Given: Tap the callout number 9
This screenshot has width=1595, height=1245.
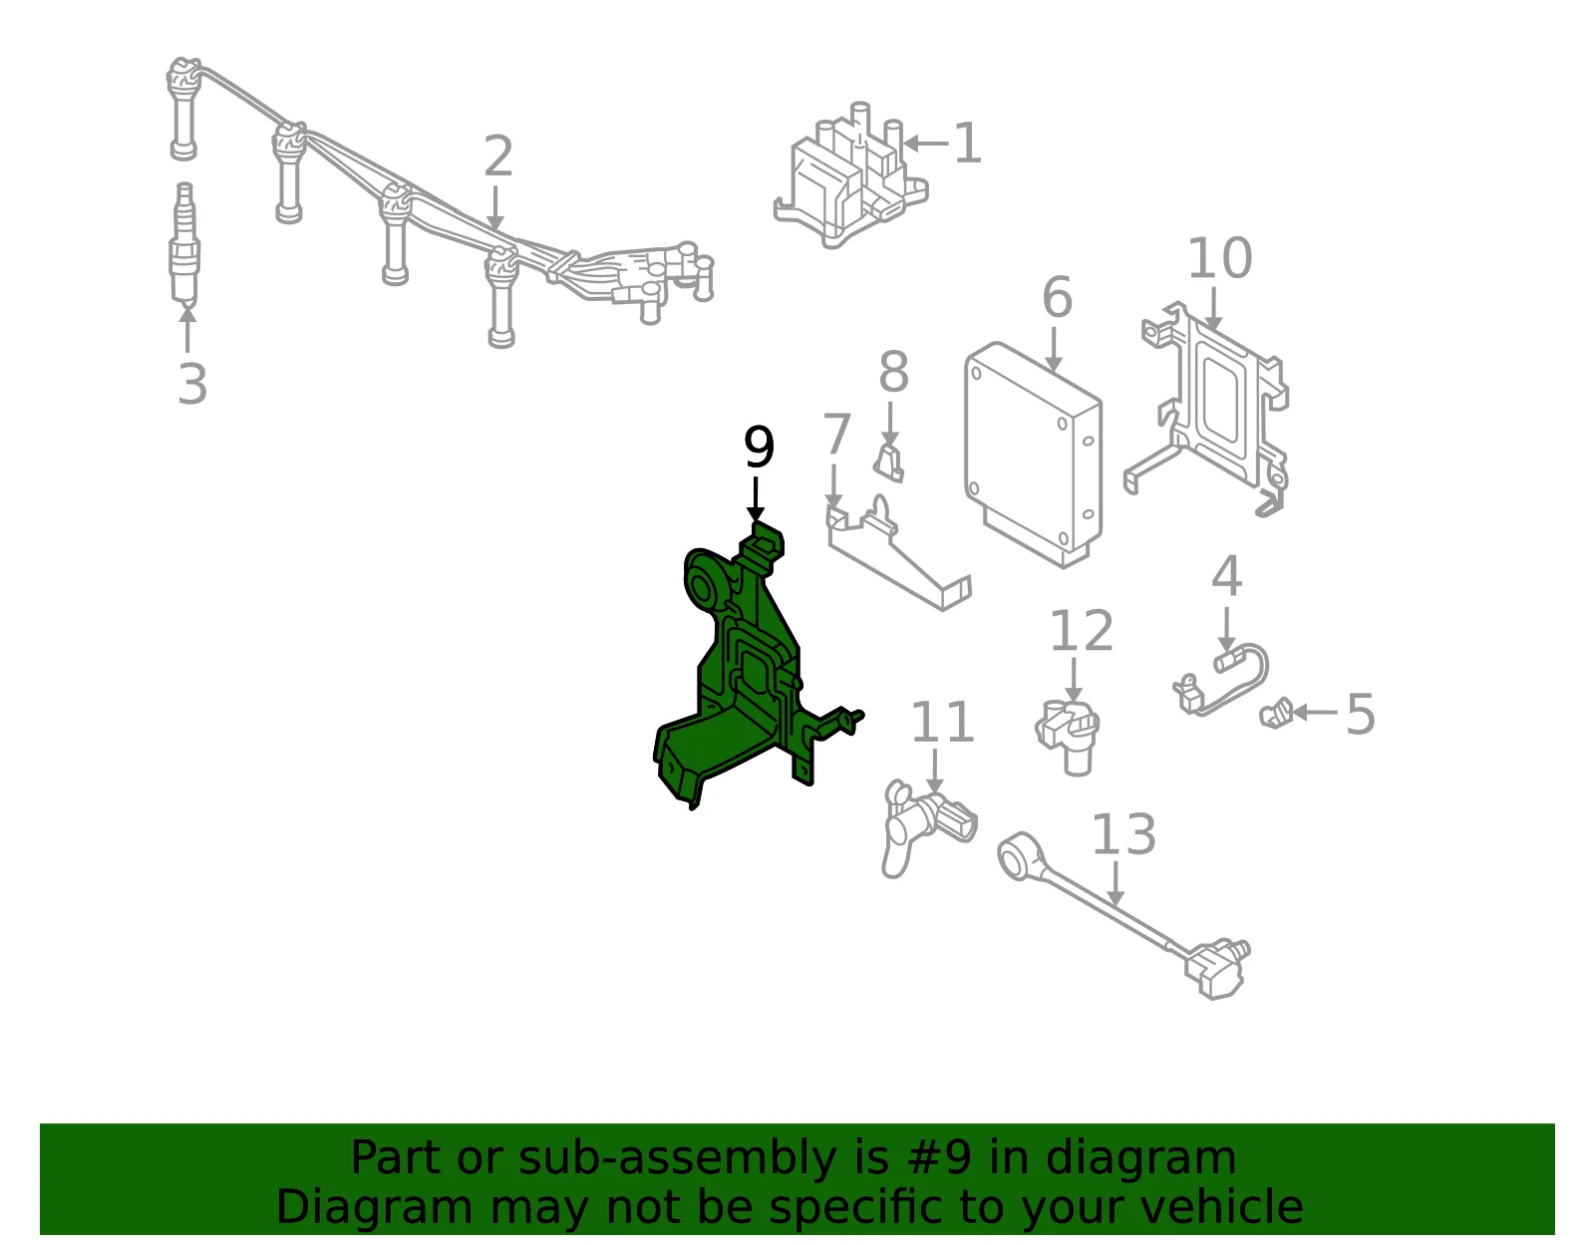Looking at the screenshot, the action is point(759,447).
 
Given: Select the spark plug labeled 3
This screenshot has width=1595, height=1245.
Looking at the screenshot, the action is point(185,246).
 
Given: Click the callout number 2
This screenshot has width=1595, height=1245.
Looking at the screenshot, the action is point(498,156).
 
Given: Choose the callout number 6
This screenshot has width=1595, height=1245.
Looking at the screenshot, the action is point(1057,297).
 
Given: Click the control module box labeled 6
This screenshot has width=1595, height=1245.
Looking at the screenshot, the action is point(1034,455).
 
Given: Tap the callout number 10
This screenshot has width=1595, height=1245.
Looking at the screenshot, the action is point(1219,257).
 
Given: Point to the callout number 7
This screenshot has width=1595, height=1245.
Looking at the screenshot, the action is point(836,434).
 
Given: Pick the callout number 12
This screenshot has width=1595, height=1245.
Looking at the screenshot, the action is point(1082,630).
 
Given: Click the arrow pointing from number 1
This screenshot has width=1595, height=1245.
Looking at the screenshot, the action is point(925,144).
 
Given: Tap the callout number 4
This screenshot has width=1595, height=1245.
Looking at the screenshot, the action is point(1226,576).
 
